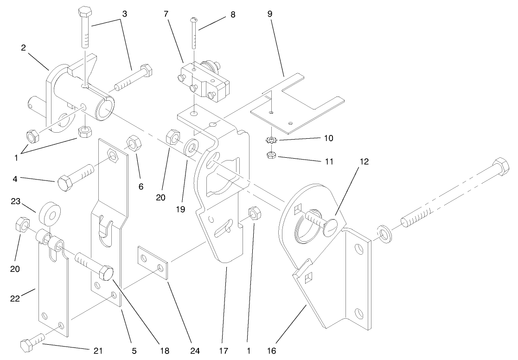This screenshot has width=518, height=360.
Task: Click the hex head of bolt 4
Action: tap(65, 182)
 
